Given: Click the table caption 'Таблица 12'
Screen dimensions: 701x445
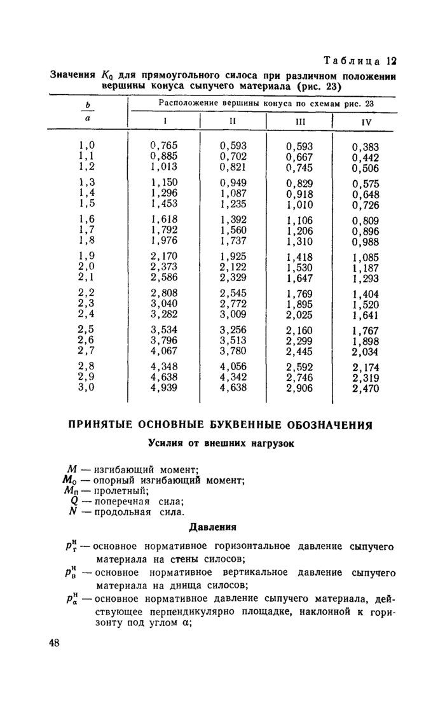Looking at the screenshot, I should pos(360,62).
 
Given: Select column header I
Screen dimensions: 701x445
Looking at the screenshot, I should pos(164,120).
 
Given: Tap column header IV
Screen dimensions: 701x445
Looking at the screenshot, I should pos(366,121).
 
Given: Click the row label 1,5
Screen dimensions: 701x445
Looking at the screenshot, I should pos(86,204).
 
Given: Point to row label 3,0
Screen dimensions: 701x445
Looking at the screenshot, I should pos(86,388).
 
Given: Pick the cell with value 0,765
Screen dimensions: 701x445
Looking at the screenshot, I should pos(164,145).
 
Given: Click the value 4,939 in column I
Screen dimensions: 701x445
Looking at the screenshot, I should pos(164,388).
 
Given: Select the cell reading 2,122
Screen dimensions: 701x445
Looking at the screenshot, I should pos(233,267).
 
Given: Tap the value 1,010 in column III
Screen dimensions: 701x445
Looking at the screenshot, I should pos(299,204).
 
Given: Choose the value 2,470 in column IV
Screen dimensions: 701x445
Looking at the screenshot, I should pos(366,389).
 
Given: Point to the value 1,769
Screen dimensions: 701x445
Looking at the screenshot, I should pos(299,293).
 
